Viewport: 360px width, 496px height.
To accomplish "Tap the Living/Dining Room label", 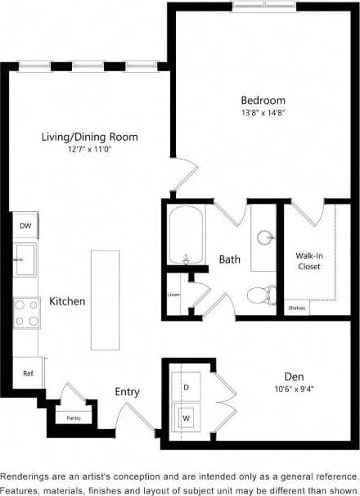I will [90, 137].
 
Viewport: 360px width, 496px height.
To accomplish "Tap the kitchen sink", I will [25, 261].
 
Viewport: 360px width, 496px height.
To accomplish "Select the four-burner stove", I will [26, 312].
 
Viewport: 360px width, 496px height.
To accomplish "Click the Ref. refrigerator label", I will [28, 373].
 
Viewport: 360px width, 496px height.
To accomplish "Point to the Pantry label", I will [73, 417].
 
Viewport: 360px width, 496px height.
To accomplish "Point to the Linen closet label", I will [173, 295].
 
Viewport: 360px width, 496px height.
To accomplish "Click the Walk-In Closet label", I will [308, 261].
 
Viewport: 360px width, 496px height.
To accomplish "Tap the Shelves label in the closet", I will [297, 309].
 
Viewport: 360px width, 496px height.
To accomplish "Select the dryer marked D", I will [186, 384].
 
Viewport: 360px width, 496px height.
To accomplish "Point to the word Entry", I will [128, 392].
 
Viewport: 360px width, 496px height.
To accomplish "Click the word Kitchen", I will [67, 301].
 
